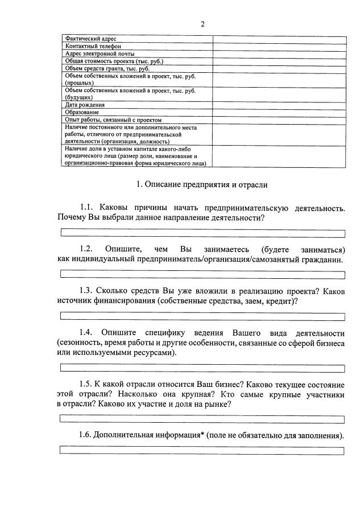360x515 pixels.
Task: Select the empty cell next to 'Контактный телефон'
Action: [x=279, y=46]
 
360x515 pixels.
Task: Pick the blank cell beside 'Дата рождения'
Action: [x=279, y=105]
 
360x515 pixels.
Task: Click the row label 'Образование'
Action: [x=81, y=112]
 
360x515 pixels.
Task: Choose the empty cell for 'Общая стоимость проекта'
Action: [x=279, y=60]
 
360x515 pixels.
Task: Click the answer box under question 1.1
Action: [x=202, y=233]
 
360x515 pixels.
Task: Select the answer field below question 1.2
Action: [x=202, y=275]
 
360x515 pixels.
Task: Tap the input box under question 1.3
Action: [x=202, y=316]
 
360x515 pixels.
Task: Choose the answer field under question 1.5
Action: [x=202, y=419]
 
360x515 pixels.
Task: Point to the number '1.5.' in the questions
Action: [x=86, y=384]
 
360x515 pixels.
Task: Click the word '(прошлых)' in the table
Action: [x=79, y=83]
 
